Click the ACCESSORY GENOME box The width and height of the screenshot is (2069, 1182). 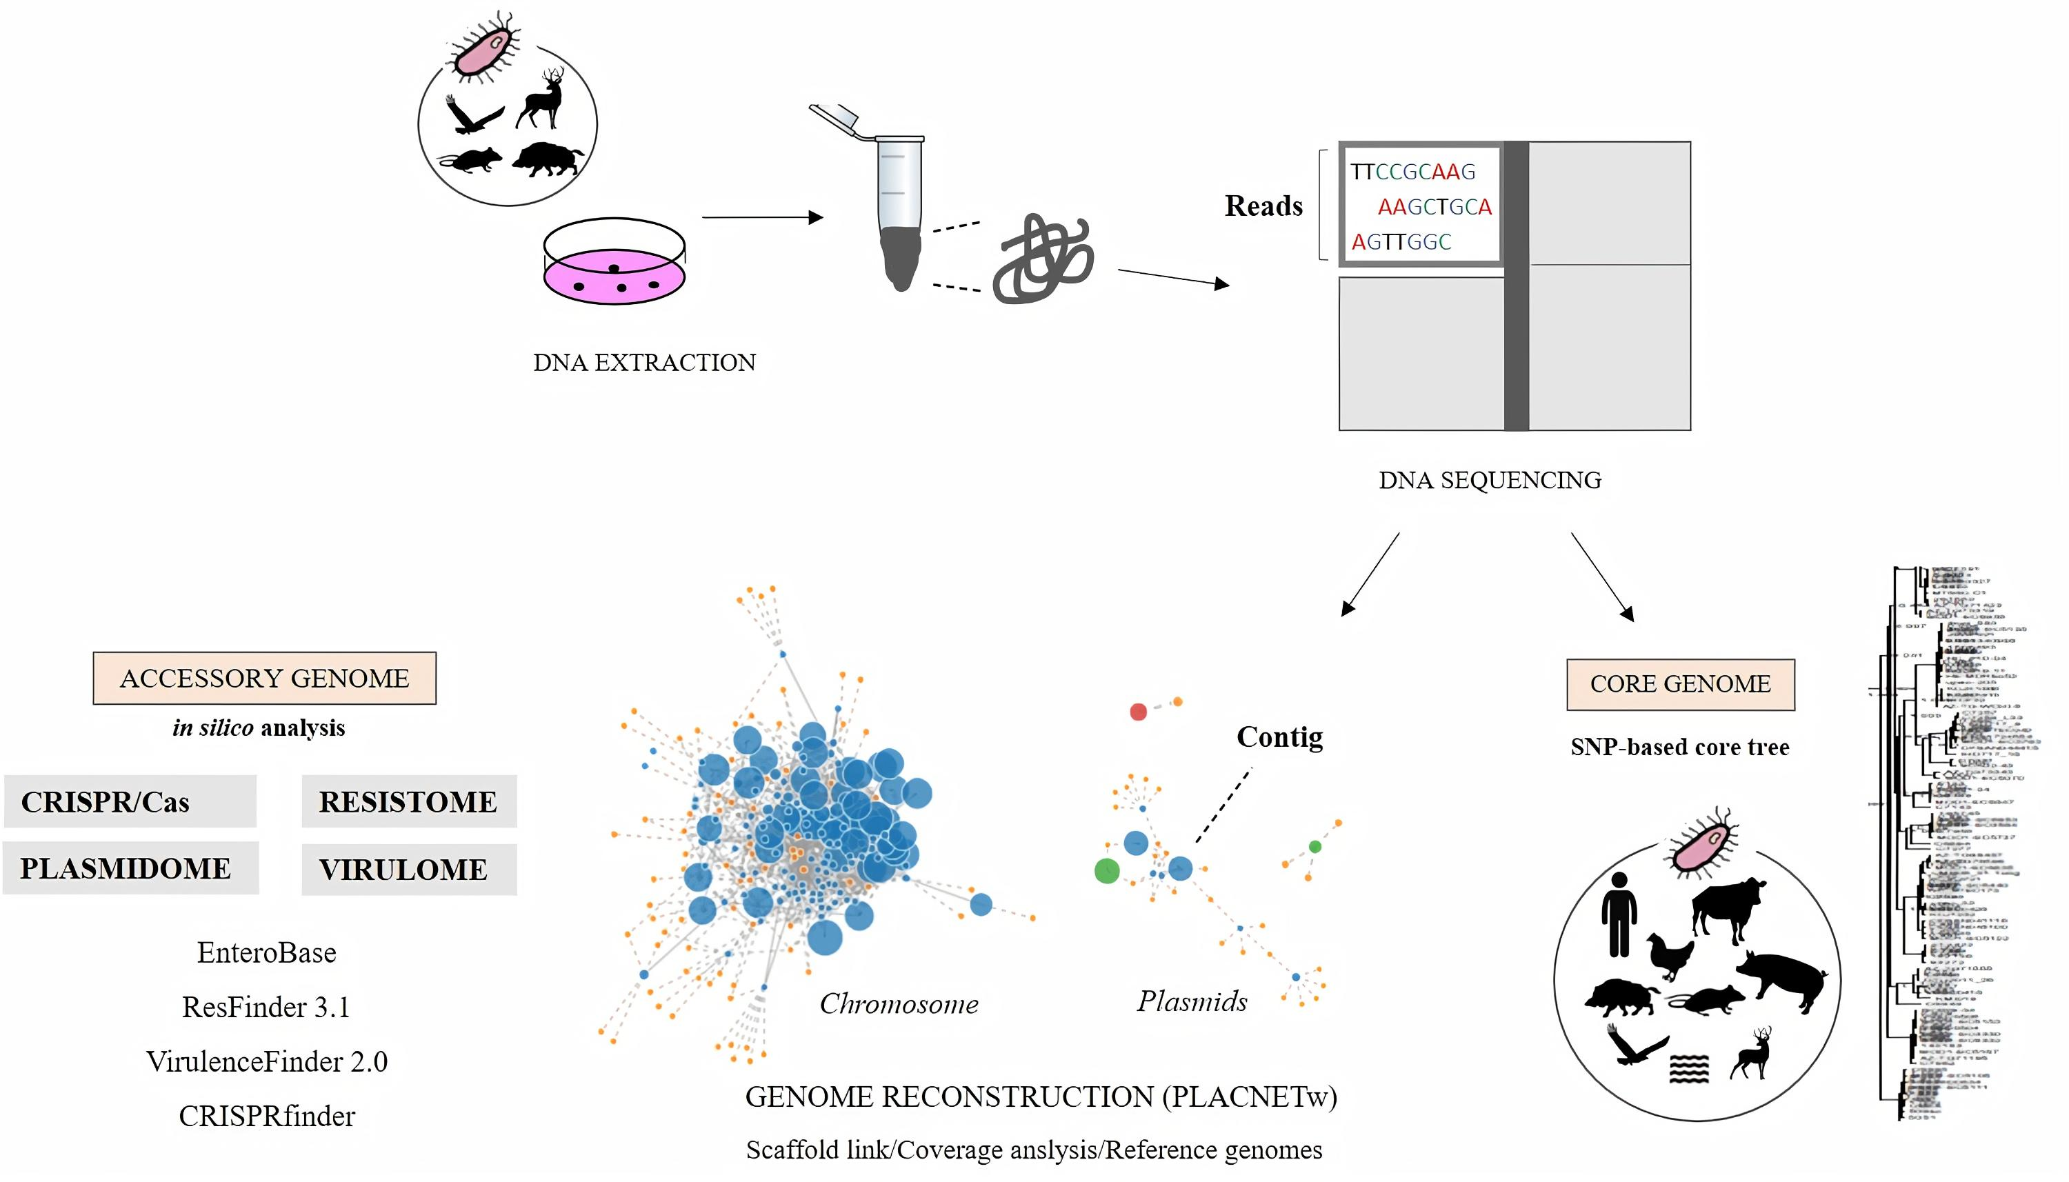coord(264,678)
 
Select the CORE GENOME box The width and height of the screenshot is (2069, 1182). coord(1679,684)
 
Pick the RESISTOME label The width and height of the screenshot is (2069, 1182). coord(408,801)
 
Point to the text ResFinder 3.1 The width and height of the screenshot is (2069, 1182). coord(266,1007)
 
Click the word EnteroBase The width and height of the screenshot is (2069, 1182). coord(266,952)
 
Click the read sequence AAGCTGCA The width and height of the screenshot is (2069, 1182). coord(1435,207)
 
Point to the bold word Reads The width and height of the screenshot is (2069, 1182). coord(1263,206)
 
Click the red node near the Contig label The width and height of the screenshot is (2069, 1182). coord(1138,712)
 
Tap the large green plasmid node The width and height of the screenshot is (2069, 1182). coord(1107,871)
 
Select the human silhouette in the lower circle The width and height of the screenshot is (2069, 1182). coord(1619,913)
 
